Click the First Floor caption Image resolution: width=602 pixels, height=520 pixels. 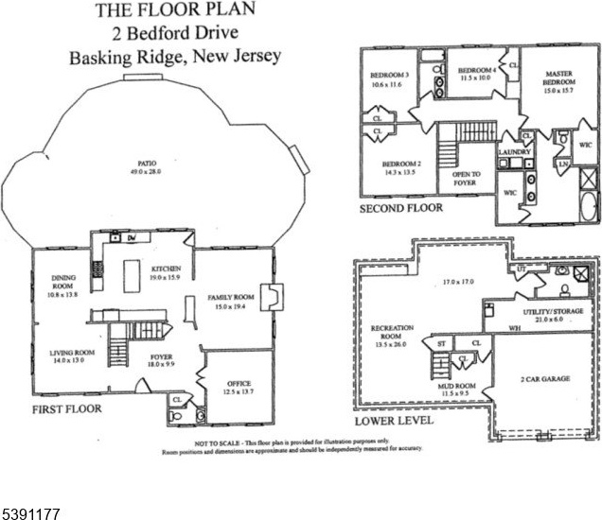(x=67, y=410)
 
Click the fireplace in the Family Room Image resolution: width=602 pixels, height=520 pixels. (x=271, y=298)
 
